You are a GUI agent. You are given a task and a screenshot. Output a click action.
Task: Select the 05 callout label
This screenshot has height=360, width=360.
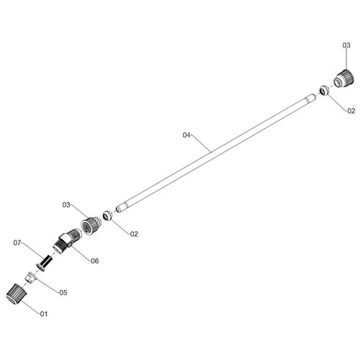(x=63, y=292)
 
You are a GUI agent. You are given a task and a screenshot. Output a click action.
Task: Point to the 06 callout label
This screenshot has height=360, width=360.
(x=94, y=261)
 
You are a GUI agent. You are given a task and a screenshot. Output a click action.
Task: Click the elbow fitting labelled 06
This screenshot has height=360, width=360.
(x=69, y=240)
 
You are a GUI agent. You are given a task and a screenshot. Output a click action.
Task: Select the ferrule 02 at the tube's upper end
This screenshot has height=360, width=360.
(x=323, y=89)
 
